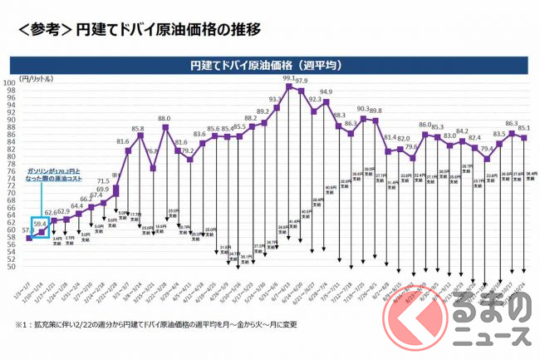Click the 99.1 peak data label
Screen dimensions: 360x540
point(289,77)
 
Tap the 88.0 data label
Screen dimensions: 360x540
point(164,119)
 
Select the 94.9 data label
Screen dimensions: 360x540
point(326,92)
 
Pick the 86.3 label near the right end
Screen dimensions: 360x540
point(512,123)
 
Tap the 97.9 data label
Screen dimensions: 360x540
point(302,81)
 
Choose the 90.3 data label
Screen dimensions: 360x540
point(363,109)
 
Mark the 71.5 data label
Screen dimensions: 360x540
point(104,181)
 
